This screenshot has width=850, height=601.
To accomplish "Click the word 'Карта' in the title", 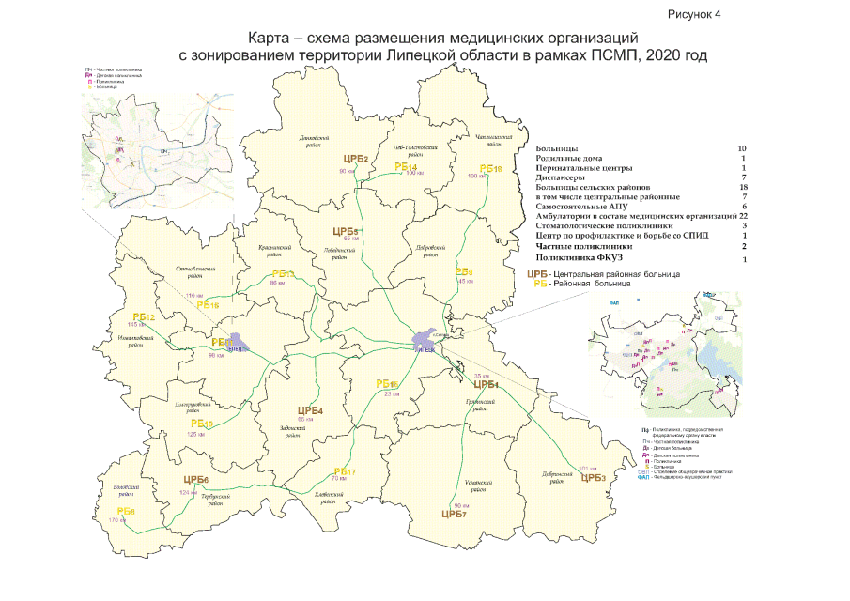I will (270, 39).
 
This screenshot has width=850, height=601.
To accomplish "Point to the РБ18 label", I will (491, 167).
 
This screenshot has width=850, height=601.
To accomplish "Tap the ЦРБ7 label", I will (455, 514).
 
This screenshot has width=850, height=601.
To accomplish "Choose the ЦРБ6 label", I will (195, 481).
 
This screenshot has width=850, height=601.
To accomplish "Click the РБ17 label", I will (344, 470).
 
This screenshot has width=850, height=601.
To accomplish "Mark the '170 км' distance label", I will (116, 520).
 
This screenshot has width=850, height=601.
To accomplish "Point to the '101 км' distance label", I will (588, 468).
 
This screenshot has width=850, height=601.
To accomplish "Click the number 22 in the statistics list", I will (741, 216).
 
